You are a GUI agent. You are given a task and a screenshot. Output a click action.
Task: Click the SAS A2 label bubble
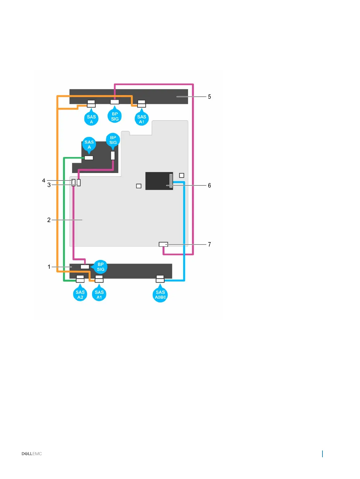click(80, 294)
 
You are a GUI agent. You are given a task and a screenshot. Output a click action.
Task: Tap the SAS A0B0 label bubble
click(160, 294)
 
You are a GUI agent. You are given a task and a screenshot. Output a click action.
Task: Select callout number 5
click(209, 97)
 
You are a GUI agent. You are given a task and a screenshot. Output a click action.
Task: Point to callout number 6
click(209, 185)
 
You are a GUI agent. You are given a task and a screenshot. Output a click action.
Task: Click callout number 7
click(209, 244)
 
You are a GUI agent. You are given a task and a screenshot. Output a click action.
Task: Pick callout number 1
click(49, 267)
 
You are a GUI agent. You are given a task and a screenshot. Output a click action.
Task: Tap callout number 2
click(49, 220)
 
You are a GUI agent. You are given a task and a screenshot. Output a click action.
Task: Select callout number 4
click(44, 181)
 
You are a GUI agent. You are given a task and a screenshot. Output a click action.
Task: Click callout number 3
click(49, 185)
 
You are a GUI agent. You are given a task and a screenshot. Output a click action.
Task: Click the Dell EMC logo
click(32, 454)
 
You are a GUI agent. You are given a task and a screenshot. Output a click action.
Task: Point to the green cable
click(64, 218)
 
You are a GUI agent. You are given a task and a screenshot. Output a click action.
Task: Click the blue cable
click(184, 230)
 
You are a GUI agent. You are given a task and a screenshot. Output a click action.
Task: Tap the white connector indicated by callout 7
click(163, 244)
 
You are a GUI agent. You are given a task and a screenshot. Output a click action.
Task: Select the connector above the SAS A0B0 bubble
click(160, 279)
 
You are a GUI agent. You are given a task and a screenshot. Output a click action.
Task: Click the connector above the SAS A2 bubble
click(80, 279)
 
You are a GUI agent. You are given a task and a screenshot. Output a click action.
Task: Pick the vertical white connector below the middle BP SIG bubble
click(113, 156)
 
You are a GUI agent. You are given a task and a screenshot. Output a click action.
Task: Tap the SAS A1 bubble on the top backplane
click(141, 119)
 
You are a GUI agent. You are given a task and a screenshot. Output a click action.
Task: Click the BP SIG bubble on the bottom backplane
click(101, 267)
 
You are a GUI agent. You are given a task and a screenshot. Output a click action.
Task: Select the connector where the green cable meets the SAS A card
click(89, 158)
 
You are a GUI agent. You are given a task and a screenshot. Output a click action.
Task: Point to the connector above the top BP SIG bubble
click(115, 102)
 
